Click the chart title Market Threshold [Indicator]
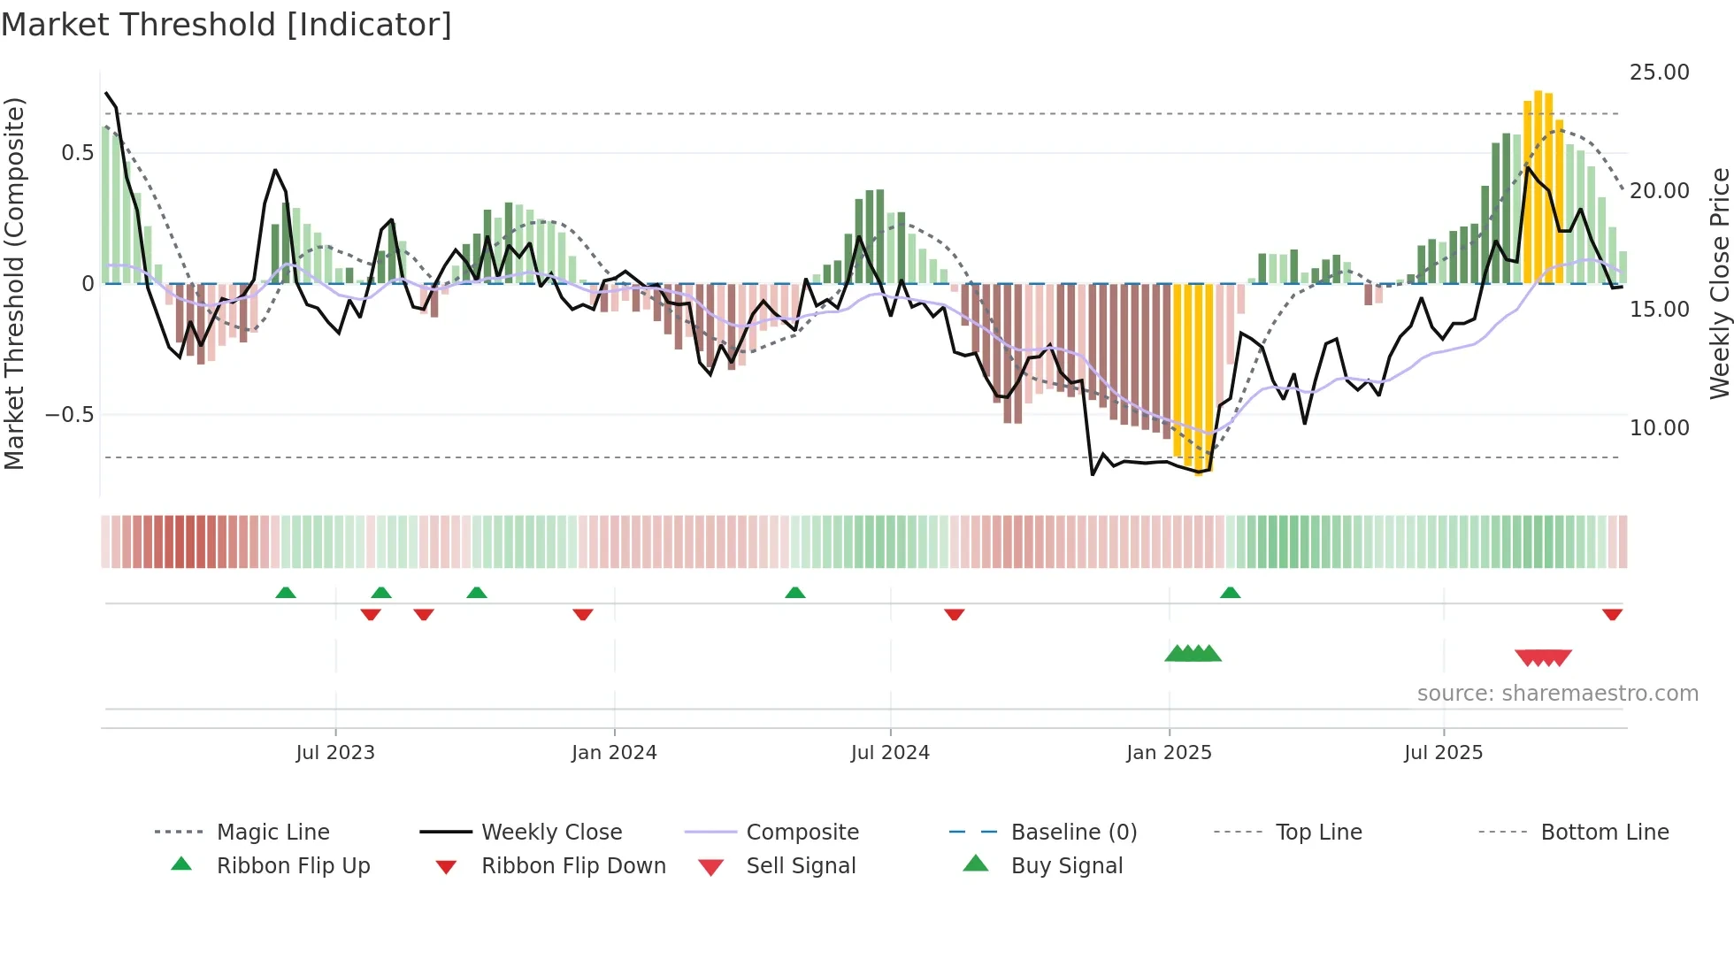(226, 25)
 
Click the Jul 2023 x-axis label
(335, 753)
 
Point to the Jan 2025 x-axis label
(1169, 753)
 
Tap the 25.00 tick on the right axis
(1659, 73)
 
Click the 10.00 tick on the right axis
(1659, 428)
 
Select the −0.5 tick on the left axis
(69, 415)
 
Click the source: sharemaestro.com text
(1557, 694)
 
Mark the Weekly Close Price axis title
(1719, 283)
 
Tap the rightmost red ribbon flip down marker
(1612, 614)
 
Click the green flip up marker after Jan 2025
(1230, 593)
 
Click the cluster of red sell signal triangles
(1543, 657)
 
